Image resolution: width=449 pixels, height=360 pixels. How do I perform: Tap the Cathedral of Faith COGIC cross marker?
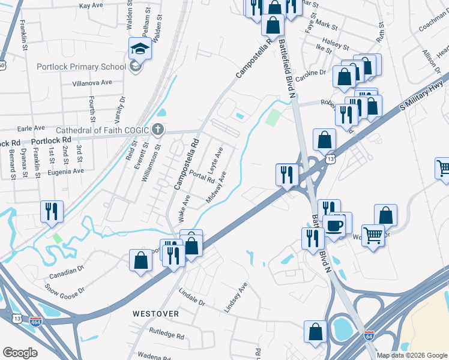pyautogui.click(x=157, y=129)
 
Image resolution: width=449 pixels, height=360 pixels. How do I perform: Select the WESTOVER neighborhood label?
pyautogui.click(x=155, y=314)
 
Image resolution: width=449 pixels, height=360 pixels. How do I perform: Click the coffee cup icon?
pyautogui.click(x=334, y=225)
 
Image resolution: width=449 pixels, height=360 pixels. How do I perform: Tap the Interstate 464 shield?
pyautogui.click(x=35, y=322)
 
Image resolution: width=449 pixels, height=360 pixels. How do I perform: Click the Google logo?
pyautogui.click(x=20, y=353)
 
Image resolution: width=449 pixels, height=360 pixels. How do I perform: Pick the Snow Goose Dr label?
pyautogui.click(x=65, y=289)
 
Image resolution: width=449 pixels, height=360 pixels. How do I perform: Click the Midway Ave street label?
pyautogui.click(x=217, y=186)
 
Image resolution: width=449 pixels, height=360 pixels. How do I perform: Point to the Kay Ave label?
pyautogui.click(x=91, y=5)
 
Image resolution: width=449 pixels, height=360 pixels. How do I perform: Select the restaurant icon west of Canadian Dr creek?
pyautogui.click(x=51, y=211)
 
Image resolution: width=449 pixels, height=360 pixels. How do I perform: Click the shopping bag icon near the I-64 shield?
pyautogui.click(x=315, y=332)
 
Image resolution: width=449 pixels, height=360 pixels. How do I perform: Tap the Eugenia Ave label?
pyautogui.click(x=66, y=171)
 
